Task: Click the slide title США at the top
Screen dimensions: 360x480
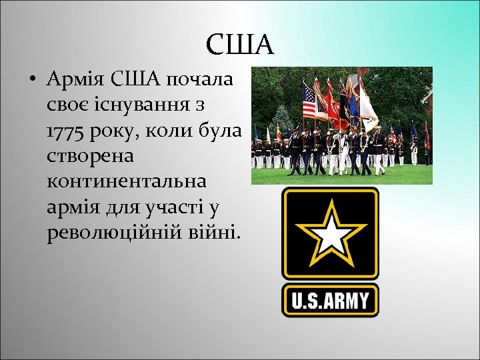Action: [239, 45]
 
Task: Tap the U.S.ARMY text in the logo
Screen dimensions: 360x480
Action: [330, 300]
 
